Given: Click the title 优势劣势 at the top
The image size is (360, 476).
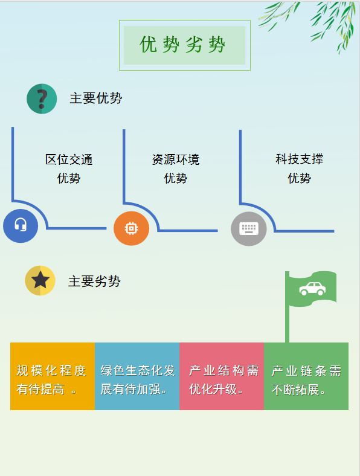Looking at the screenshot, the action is tap(182, 45).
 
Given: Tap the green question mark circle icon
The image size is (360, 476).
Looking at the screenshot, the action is tap(42, 98).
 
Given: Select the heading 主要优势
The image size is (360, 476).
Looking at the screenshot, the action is tap(96, 98).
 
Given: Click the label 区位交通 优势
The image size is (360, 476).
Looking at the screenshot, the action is tap(69, 169).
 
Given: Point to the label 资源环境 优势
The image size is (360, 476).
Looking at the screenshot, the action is tap(176, 169).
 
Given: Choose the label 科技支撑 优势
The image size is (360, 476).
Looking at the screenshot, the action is tap(299, 168).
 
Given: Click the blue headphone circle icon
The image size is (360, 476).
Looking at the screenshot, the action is tap(21, 226).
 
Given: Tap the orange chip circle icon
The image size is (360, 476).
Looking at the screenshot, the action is tap(132, 228).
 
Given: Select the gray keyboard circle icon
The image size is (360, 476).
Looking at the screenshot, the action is tap(249, 229).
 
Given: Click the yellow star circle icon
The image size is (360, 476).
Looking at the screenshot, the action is tap(40, 280).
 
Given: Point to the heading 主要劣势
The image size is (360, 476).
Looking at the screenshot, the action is tap(94, 281).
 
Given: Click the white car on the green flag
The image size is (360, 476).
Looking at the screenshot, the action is tap(312, 289).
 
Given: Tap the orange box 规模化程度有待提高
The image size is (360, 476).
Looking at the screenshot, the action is tap(53, 376).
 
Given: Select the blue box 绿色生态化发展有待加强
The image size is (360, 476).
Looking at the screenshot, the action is tap(137, 376).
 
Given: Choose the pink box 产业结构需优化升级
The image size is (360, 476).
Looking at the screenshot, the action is tap(222, 376).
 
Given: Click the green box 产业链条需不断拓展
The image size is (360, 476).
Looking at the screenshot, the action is tap(306, 376).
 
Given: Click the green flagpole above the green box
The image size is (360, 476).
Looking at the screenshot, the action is tap(287, 307).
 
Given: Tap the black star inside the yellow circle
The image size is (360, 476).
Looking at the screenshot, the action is tap(40, 280).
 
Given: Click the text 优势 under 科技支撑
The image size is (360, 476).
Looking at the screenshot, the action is tap(299, 178).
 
